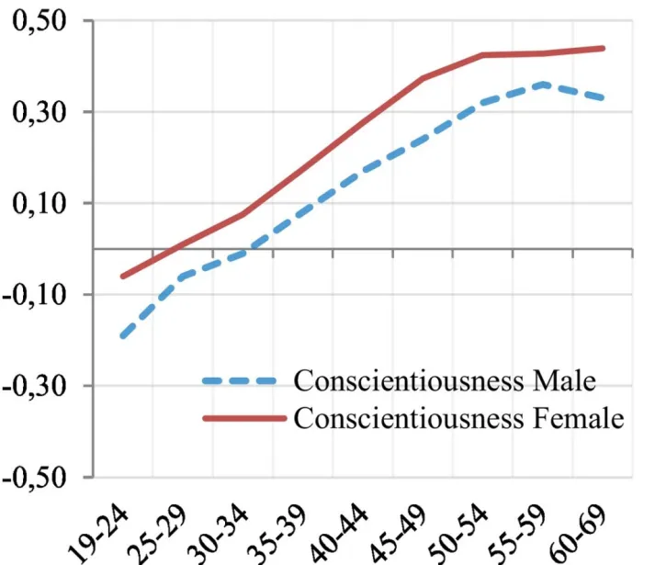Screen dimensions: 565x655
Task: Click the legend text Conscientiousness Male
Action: [445, 379]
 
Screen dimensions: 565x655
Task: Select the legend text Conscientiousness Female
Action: [458, 418]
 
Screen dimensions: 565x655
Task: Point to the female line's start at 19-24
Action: [122, 277]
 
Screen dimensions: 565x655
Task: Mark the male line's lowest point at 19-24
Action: [122, 336]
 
